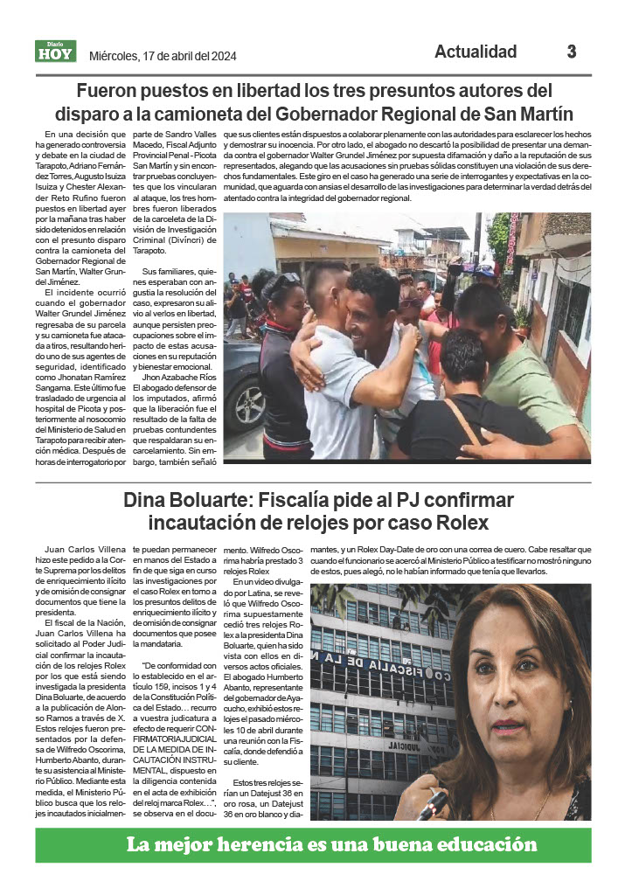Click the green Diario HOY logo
click(x=56, y=52)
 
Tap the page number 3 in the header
click(x=572, y=52)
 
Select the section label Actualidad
click(x=476, y=52)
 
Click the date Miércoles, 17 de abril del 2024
click(x=163, y=57)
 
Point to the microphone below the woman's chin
click(x=434, y=805)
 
